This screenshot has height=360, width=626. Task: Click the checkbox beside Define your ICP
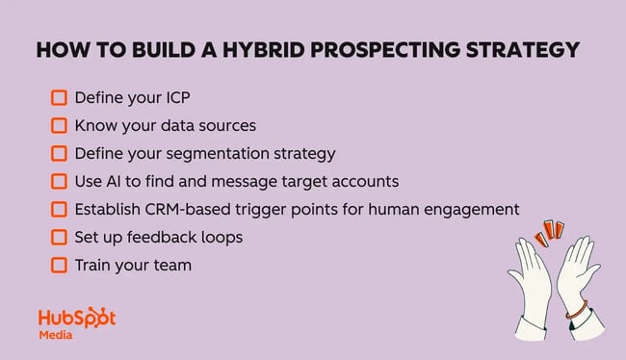[x=59, y=97]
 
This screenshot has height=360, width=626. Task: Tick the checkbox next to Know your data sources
[x=59, y=125]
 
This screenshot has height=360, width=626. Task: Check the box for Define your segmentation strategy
[x=59, y=153]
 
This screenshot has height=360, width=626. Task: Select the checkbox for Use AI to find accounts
[x=59, y=181]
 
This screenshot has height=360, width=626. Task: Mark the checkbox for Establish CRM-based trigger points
[x=59, y=209]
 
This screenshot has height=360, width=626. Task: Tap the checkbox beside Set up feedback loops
[x=59, y=237]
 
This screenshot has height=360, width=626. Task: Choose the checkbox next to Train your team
[x=59, y=265]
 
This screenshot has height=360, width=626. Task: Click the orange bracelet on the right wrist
[x=575, y=312]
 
